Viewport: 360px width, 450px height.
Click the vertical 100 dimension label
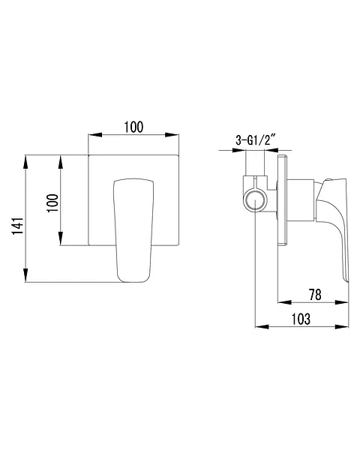(x=52, y=203)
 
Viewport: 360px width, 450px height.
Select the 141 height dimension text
(x=17, y=226)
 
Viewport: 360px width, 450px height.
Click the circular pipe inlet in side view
(x=255, y=200)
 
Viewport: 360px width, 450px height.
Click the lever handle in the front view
(x=133, y=230)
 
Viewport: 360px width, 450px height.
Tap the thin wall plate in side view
(x=282, y=200)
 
